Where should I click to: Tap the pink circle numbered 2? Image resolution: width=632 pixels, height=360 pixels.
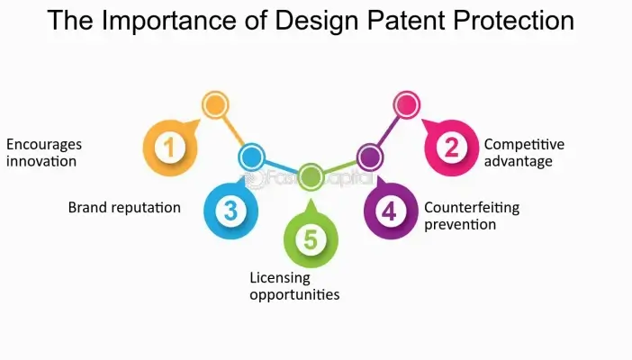tap(452, 147)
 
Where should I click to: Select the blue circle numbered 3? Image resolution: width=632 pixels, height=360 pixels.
tap(230, 211)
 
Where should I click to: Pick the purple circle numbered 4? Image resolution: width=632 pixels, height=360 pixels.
tap(389, 211)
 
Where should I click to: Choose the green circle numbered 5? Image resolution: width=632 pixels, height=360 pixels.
tap(311, 239)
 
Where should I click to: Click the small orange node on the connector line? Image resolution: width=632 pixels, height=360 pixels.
tap(214, 105)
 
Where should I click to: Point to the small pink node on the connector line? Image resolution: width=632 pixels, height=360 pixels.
tap(406, 105)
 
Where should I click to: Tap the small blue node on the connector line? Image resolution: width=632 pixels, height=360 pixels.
tap(251, 157)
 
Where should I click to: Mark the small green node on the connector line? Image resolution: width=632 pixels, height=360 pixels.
tap(311, 176)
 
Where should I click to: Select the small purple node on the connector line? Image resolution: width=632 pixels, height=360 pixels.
tap(369, 157)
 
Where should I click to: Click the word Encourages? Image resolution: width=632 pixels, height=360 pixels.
tap(44, 144)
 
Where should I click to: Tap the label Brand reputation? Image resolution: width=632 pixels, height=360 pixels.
tap(124, 208)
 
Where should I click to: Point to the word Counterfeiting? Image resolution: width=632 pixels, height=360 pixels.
tap(472, 208)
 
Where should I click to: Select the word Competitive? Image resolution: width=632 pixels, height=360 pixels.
tap(524, 144)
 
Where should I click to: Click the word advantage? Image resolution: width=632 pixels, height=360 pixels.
tap(519, 162)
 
